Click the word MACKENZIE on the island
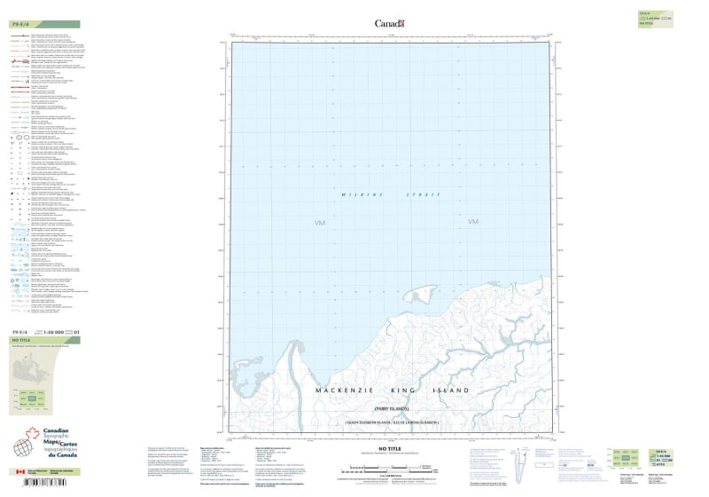[351, 390]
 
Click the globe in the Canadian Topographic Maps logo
[31, 443]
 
